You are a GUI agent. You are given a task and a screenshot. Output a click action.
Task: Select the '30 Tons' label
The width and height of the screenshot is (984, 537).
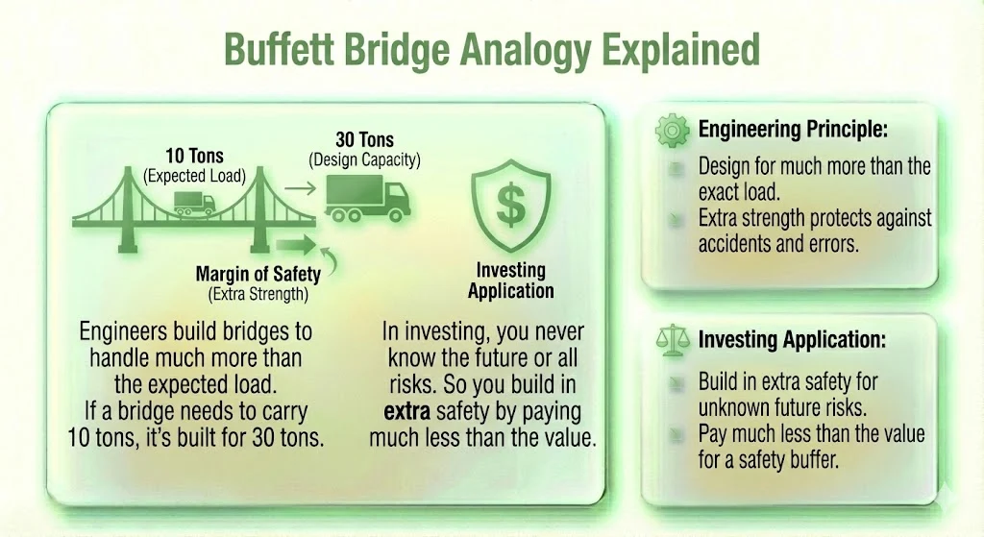(366, 139)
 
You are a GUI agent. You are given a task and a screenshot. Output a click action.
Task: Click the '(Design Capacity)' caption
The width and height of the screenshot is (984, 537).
(365, 159)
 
